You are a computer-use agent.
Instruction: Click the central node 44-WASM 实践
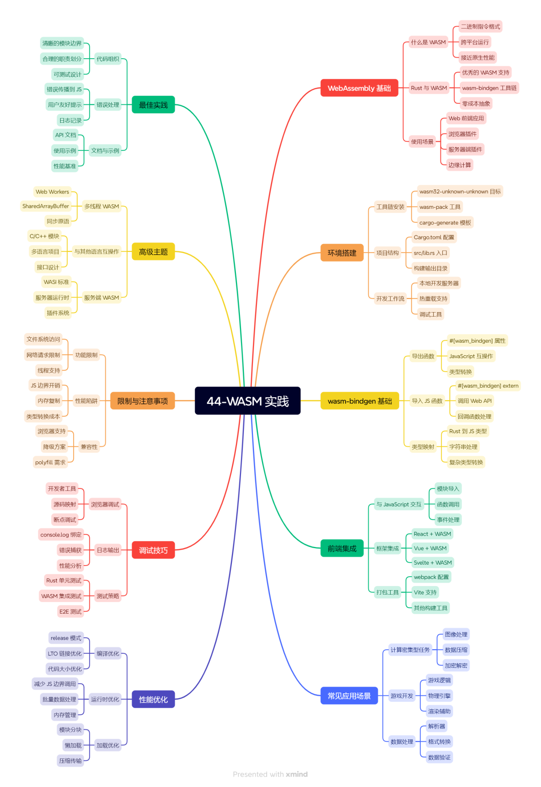tap(247, 401)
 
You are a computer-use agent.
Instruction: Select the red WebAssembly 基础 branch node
tap(359, 88)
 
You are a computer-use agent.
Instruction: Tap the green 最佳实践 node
tap(153, 105)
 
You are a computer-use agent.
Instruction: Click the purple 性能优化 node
tap(153, 699)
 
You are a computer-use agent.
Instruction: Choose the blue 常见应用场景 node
tap(349, 696)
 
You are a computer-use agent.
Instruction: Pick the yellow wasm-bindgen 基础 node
tap(360, 401)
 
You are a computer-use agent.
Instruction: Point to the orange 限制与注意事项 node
tap(142, 401)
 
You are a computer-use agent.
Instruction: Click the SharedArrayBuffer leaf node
tap(46, 206)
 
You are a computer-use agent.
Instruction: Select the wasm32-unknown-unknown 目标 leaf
tap(460, 191)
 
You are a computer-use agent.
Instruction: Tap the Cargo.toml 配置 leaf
tap(434, 237)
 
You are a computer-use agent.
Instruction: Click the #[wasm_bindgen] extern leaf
tap(488, 386)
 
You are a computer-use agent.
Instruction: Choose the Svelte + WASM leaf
tap(433, 563)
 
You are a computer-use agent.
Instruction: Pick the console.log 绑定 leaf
tap(61, 535)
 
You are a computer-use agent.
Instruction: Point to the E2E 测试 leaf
tap(70, 612)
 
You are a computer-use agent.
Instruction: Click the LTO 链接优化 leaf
tap(65, 653)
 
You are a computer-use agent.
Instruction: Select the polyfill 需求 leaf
tap(50, 462)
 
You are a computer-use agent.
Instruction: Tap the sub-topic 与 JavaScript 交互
tap(399, 504)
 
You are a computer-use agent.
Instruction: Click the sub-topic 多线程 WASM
tap(102, 206)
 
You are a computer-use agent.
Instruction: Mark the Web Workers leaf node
tap(52, 192)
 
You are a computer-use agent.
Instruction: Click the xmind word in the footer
tap(297, 774)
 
